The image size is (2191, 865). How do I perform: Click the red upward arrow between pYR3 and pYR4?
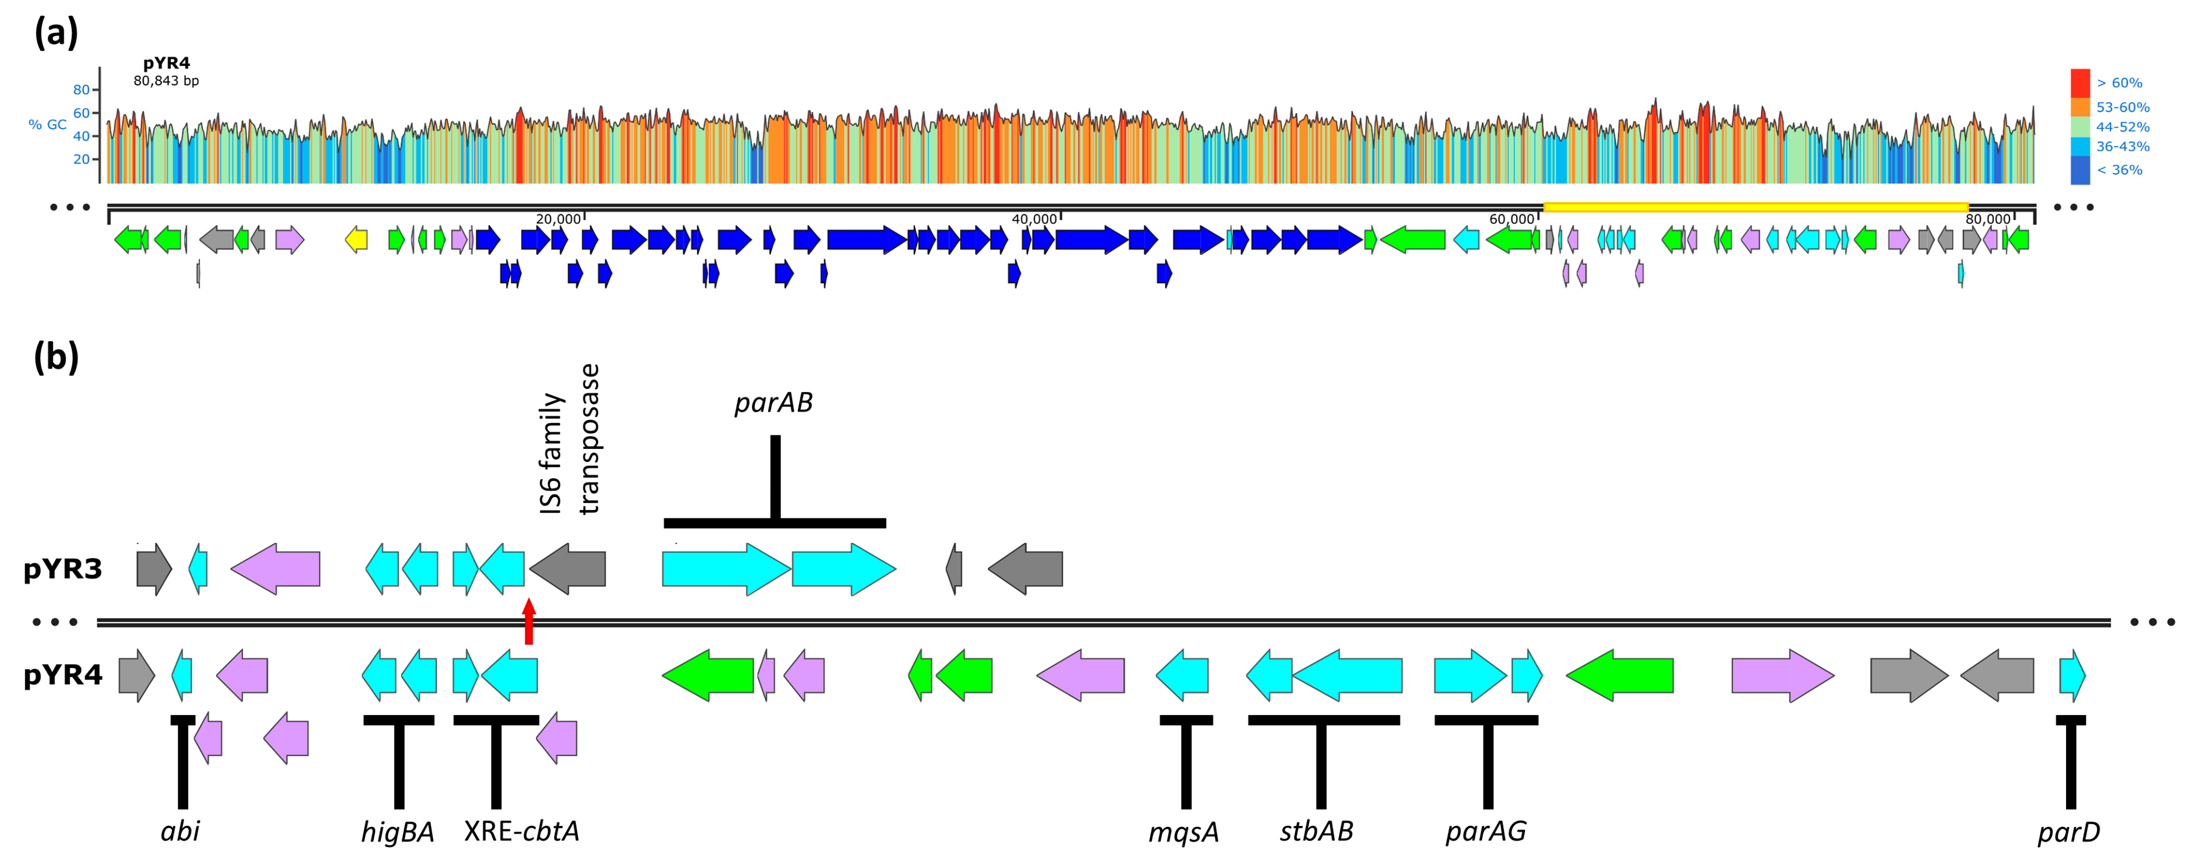(529, 621)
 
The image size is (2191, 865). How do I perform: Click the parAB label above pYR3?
(773, 402)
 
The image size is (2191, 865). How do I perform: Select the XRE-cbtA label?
(522, 831)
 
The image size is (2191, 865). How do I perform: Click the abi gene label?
(180, 831)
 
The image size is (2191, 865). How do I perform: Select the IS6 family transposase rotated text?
(569, 440)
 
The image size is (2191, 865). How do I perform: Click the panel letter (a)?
(56, 34)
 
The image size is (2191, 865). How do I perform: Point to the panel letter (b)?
(56, 357)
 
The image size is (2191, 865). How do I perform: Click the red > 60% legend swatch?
(2080, 83)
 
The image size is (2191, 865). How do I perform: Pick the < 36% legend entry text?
(2119, 170)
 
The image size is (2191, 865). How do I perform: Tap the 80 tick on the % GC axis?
(82, 89)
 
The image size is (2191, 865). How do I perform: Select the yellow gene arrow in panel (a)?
(356, 240)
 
